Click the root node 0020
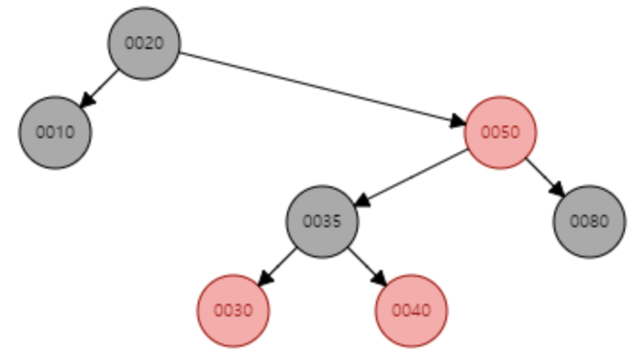[x=144, y=43]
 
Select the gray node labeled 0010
[x=55, y=132]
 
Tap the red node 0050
[x=500, y=132]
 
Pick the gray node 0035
[x=322, y=221]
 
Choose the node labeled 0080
[x=589, y=221]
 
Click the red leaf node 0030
[x=233, y=310]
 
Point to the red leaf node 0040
[x=411, y=310]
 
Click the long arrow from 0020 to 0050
[x=321, y=86]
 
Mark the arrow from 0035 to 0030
[x=278, y=266]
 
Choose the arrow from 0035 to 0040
[x=367, y=266]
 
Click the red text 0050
[x=500, y=133]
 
